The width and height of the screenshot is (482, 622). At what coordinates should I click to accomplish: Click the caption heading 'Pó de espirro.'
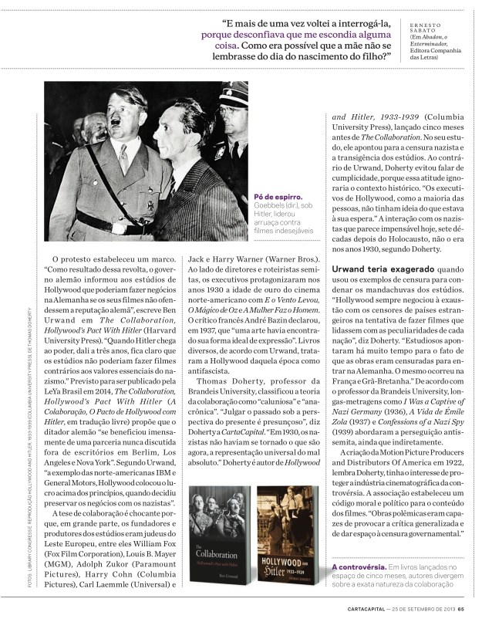tap(277, 197)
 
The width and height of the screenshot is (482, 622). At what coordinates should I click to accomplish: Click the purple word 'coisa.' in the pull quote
tap(218, 46)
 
